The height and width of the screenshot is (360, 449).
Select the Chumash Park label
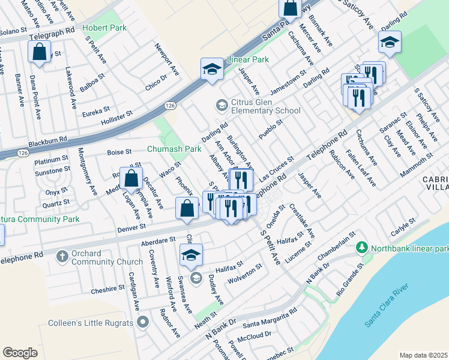click(x=175, y=148)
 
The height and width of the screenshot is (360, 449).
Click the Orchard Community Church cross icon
click(x=62, y=257)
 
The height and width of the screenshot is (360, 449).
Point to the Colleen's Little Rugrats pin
click(x=142, y=323)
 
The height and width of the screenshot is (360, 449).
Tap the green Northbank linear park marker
click(x=361, y=247)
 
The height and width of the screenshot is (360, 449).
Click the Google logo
click(x=20, y=353)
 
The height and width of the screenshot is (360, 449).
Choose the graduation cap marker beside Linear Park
click(x=211, y=70)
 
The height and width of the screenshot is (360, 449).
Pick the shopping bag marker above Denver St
click(x=131, y=179)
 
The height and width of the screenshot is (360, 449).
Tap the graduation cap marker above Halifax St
click(x=191, y=255)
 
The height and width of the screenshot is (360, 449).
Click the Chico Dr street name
click(x=155, y=82)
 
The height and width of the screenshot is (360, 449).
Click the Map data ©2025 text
click(x=423, y=355)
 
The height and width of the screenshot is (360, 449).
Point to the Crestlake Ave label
click(x=302, y=220)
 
